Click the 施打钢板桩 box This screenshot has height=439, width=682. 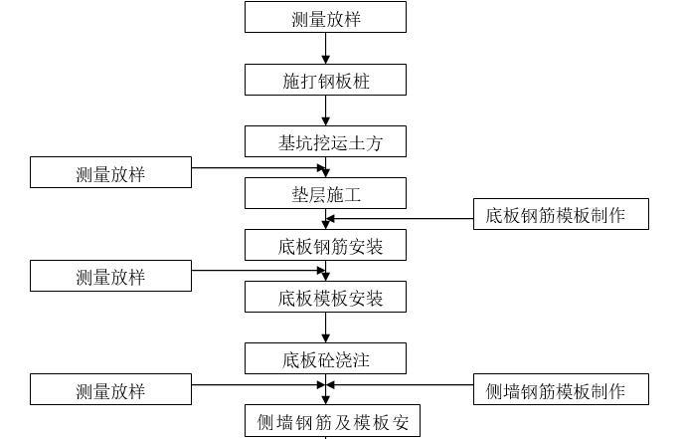coord(325,81)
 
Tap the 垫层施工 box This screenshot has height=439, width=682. coord(325,193)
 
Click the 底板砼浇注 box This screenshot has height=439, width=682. coord(325,358)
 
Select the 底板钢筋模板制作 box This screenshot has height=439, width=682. coord(561,215)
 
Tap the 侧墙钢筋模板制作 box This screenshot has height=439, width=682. coord(561,390)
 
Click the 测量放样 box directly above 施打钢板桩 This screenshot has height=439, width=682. coord(325,18)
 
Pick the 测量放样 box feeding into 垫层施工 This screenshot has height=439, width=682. coord(110,173)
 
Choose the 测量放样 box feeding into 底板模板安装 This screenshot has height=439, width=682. coord(110,276)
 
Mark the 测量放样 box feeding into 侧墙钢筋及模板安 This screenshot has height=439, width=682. coord(110,390)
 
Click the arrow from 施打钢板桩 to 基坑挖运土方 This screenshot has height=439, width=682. coord(325,110)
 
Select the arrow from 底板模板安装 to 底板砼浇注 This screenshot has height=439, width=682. coord(325,328)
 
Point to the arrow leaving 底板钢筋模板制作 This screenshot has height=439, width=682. coord(398,218)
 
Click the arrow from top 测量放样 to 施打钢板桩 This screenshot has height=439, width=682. coord(325,49)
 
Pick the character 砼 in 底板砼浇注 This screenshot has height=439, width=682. coord(326,358)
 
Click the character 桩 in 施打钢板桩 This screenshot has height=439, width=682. coord(361,81)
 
